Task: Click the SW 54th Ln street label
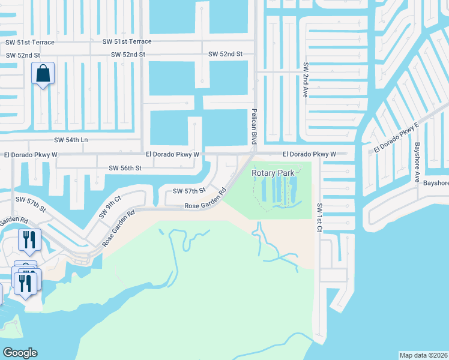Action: pyautogui.click(x=71, y=140)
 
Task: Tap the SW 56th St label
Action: pyautogui.click(x=125, y=168)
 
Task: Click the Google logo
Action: pyautogui.click(x=20, y=353)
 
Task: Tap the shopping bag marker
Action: pyautogui.click(x=43, y=74)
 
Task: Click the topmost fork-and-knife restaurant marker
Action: pyautogui.click(x=29, y=241)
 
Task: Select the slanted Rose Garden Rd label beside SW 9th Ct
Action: pyautogui.click(x=118, y=228)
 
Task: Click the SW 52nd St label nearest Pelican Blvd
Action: pyautogui.click(x=225, y=54)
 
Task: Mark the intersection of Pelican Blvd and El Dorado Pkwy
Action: pyautogui.click(x=254, y=153)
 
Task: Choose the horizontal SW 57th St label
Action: pyautogui.click(x=189, y=191)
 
